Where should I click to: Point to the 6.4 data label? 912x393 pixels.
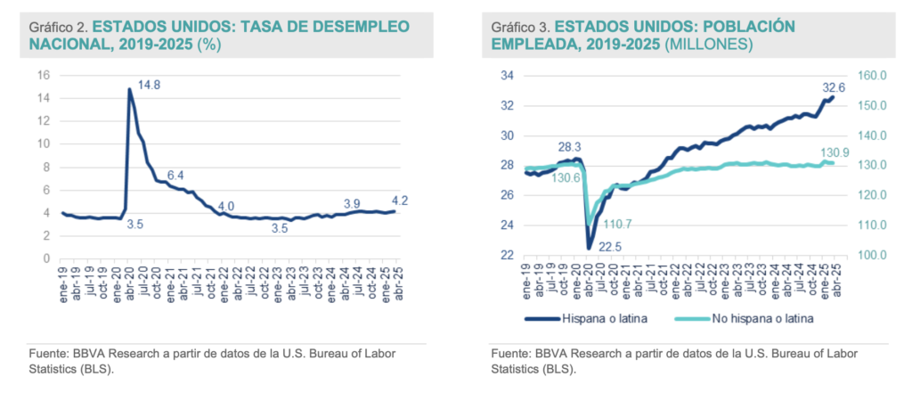tap(176, 175)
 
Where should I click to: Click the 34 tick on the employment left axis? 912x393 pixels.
tap(505, 76)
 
